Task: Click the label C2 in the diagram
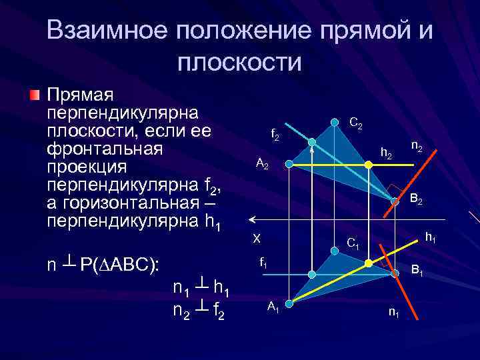(356, 124)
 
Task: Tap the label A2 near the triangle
(262, 165)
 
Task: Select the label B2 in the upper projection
(417, 199)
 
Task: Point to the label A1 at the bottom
(273, 306)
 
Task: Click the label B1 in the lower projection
(418, 271)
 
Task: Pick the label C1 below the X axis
(353, 243)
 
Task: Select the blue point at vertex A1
(290, 299)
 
